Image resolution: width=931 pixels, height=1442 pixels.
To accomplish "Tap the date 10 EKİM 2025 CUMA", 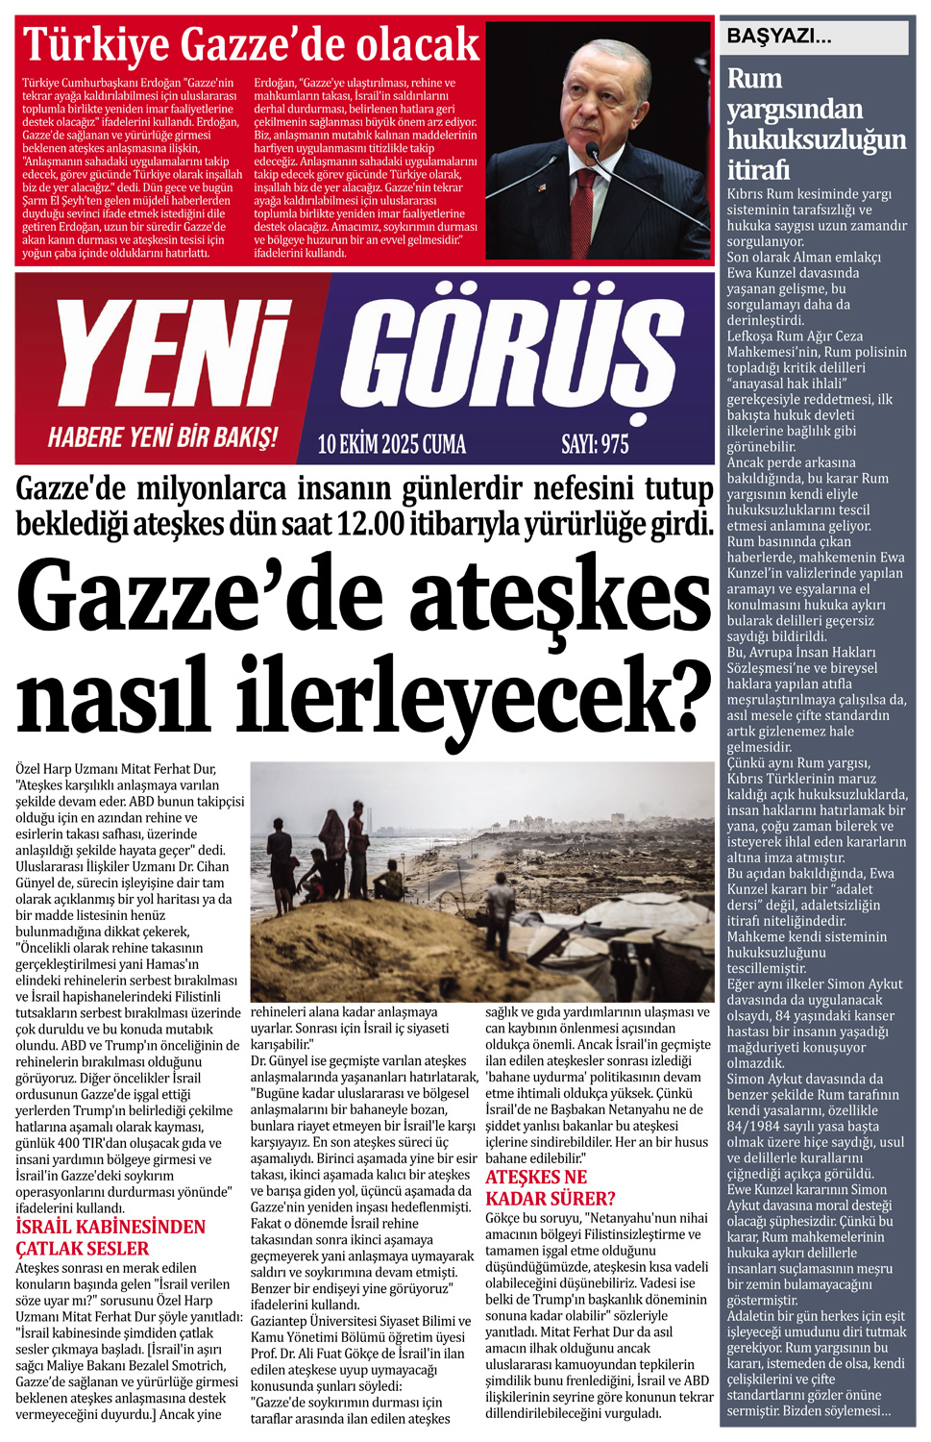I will tap(391, 444).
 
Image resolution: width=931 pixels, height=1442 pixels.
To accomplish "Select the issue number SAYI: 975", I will tap(595, 444).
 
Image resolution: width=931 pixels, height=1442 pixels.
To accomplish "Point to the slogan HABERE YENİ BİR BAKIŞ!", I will tap(162, 438).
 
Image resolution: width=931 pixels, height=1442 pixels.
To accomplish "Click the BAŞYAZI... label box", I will tap(815, 37).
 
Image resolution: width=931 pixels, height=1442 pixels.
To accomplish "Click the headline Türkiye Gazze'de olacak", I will tap(251, 44).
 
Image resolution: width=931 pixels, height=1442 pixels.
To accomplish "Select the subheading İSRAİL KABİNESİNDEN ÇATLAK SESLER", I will tap(110, 1237).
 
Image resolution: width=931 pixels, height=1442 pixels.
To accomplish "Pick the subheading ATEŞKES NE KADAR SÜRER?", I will tap(550, 1188).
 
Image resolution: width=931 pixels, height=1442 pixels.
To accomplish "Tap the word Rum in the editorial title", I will tap(754, 79).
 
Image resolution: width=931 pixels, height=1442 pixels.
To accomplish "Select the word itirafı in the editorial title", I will tap(758, 170).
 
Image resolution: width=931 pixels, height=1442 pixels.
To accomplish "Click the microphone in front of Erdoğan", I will tap(592, 153).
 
